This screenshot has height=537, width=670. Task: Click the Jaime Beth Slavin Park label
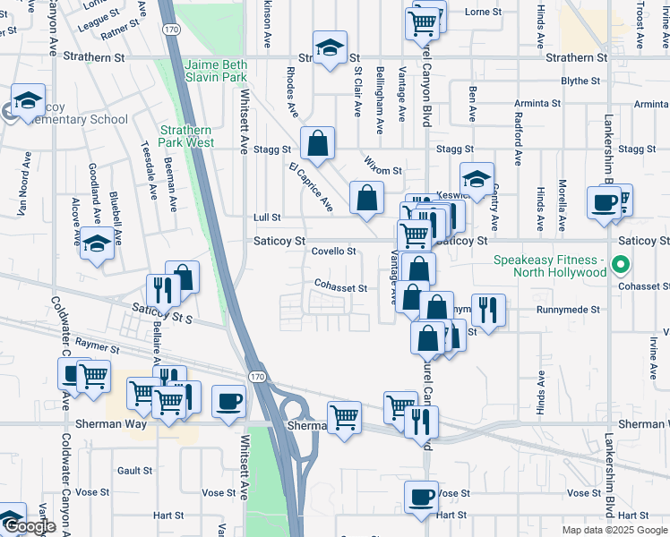(216, 72)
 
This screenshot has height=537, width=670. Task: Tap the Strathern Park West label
(186, 136)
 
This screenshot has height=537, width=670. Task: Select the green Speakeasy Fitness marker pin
(625, 266)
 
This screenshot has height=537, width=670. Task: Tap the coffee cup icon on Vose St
(420, 497)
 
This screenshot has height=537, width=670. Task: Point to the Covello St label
(334, 251)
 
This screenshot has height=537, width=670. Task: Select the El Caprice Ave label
(311, 187)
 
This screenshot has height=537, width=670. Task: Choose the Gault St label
(134, 470)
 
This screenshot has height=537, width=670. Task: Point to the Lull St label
(267, 217)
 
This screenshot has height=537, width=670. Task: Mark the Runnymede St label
(567, 310)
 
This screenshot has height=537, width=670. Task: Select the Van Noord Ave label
(24, 189)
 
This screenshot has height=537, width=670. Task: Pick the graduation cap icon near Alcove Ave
(97, 244)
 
